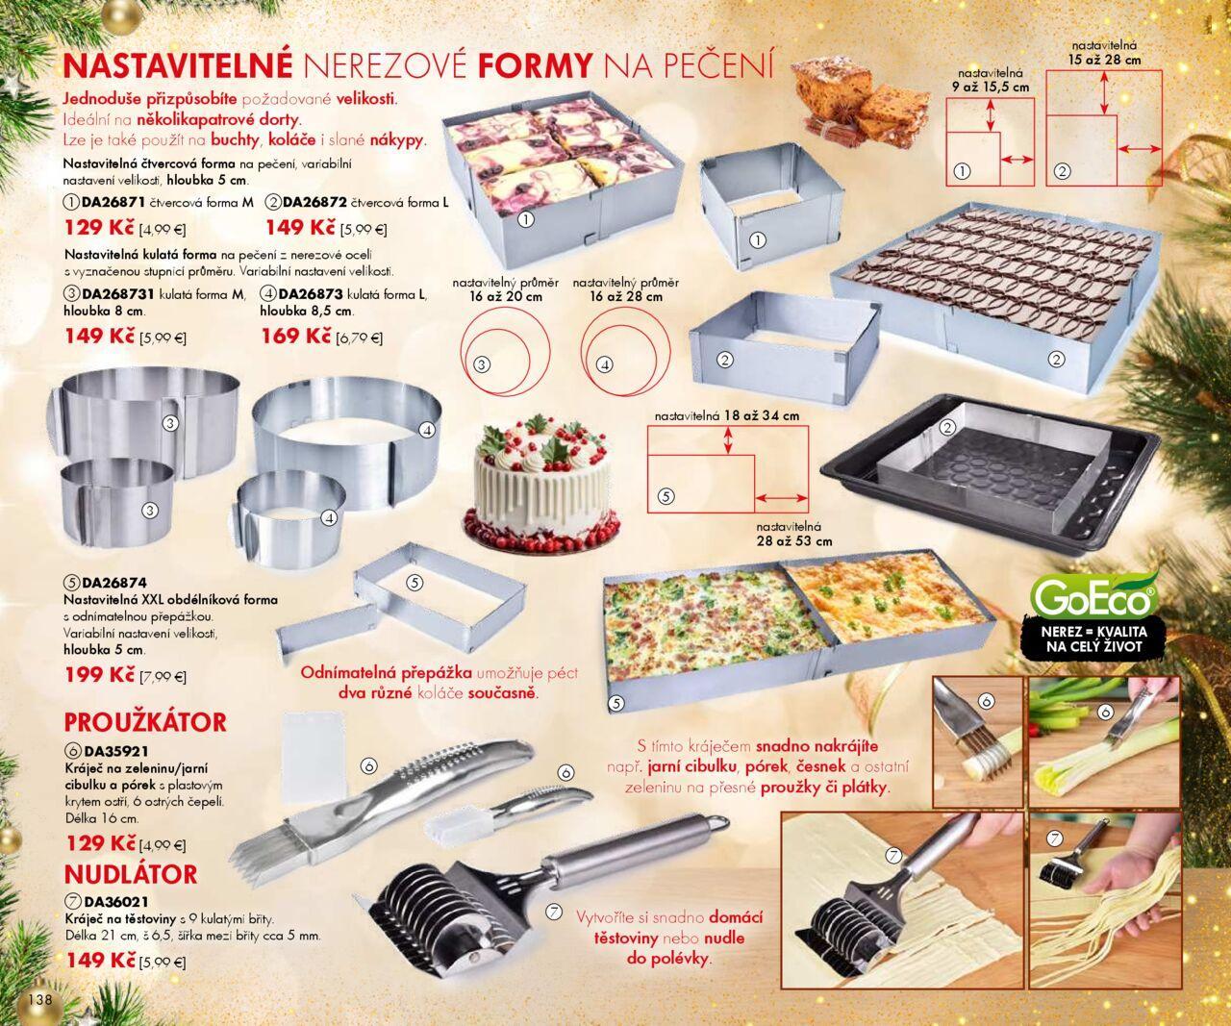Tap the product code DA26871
click(x=113, y=202)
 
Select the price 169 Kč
click(x=295, y=337)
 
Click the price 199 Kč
click(x=100, y=674)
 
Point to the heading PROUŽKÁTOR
click(x=145, y=722)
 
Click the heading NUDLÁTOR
click(x=131, y=874)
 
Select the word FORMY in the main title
click(x=535, y=65)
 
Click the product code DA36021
click(x=116, y=902)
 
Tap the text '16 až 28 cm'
click(x=626, y=296)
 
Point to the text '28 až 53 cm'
click(x=794, y=540)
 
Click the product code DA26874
click(x=114, y=583)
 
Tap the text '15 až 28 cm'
click(x=1105, y=60)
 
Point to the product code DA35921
click(x=116, y=751)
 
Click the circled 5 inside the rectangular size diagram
click(x=666, y=496)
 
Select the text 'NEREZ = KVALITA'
click(x=1094, y=632)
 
